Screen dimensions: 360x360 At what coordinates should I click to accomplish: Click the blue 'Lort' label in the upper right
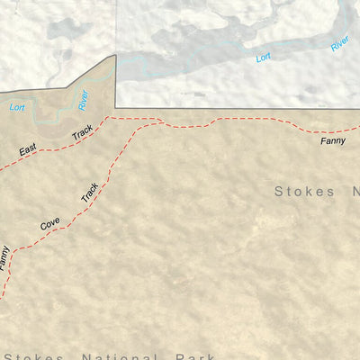point(262,58)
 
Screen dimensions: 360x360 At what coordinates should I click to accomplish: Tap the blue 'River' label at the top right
point(339,42)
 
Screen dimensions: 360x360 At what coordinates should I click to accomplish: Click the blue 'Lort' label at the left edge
point(16,107)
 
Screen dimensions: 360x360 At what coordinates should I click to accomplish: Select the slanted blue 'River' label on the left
point(83,100)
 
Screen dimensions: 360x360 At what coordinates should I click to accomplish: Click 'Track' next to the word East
point(83,132)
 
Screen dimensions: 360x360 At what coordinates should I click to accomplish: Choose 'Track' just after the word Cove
point(89,191)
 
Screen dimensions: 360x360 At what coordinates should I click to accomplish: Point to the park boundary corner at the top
point(115,56)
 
